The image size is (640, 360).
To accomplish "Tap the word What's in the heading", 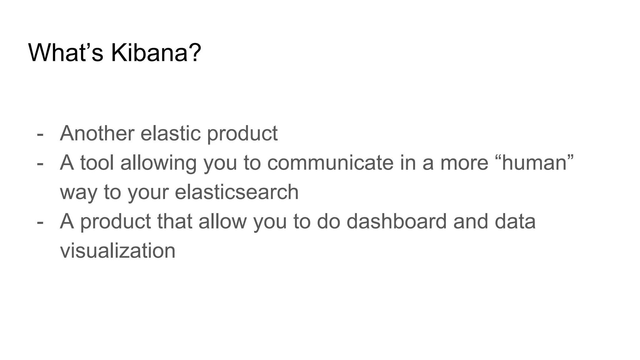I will (66, 52).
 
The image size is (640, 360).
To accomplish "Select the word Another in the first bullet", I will (97, 133).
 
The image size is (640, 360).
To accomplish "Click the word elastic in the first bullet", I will (170, 133).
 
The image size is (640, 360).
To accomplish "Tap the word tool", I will (97, 163).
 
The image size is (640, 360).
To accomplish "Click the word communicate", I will (330, 163).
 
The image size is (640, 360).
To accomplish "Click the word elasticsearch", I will (237, 192).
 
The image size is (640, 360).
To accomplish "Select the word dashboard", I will (397, 222).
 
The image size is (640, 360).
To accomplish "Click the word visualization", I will (117, 251).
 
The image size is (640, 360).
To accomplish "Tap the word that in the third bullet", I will (174, 222).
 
